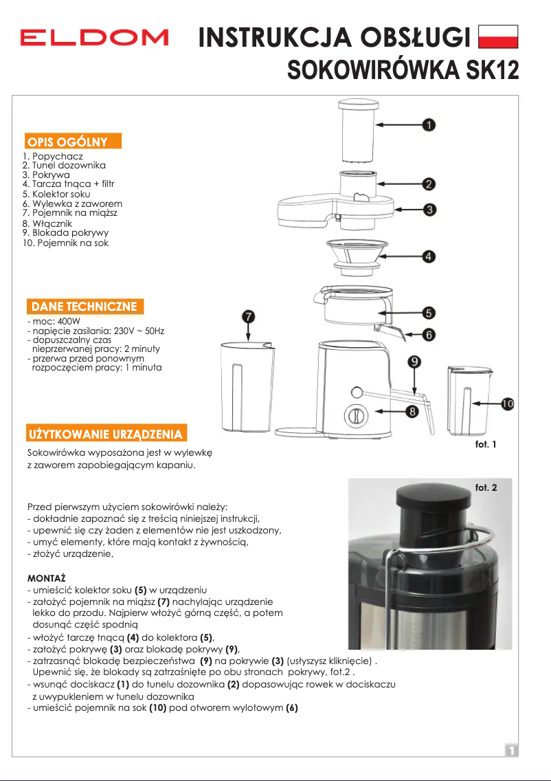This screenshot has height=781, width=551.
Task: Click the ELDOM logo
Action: pyautogui.click(x=94, y=37)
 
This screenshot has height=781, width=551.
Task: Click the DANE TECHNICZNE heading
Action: pyautogui.click(x=82, y=307)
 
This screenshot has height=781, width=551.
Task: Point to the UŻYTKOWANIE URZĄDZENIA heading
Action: pyautogui.click(x=105, y=434)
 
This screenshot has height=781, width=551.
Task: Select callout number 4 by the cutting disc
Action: pyautogui.click(x=428, y=256)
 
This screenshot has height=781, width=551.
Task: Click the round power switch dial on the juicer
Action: pyautogui.click(x=356, y=415)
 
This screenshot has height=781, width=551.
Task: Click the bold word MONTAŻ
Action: pyautogui.click(x=45, y=579)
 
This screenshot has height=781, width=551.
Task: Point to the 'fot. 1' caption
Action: pyautogui.click(x=486, y=444)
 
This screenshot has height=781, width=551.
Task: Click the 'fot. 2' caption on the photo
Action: pyautogui.click(x=486, y=488)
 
